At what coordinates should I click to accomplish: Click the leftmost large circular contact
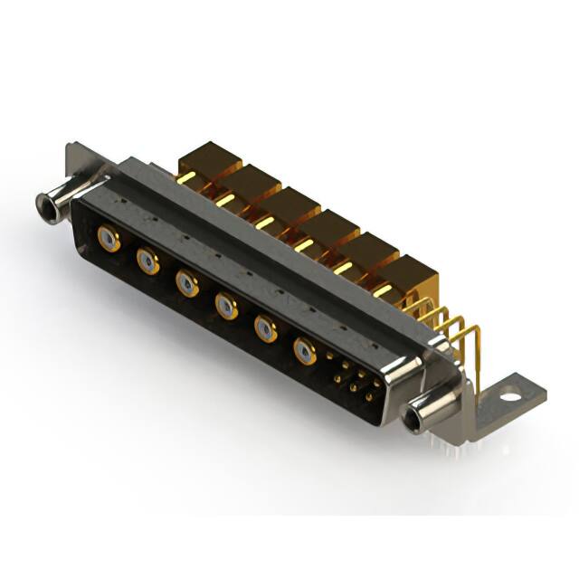(x=108, y=240)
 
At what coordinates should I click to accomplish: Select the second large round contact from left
(x=148, y=262)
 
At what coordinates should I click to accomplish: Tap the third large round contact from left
(x=187, y=285)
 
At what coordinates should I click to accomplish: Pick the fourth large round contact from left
(x=226, y=307)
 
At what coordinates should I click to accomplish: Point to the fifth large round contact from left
(x=266, y=327)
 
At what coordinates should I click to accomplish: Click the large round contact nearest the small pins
(x=306, y=350)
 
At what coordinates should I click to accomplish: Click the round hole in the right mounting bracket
(x=512, y=395)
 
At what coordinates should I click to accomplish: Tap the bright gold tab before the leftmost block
(x=185, y=178)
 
